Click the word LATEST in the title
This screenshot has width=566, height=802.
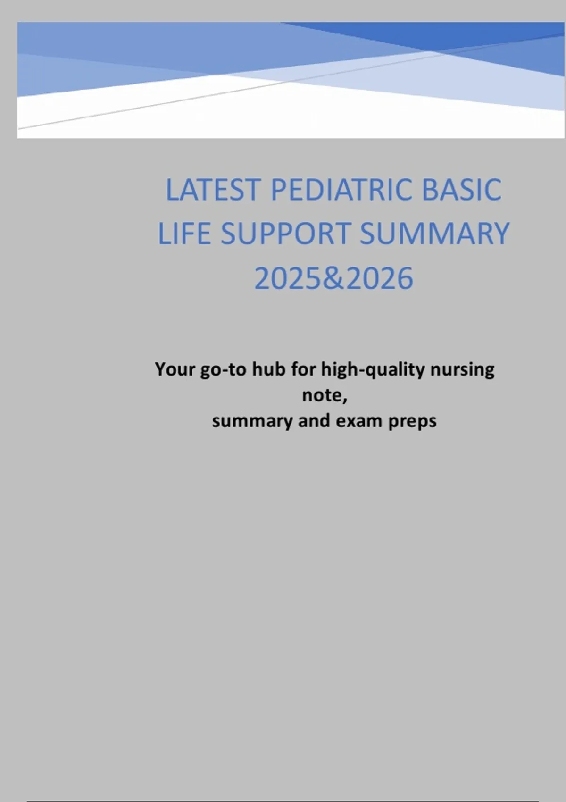pos(213,190)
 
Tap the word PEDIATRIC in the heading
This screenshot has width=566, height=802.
pos(341,190)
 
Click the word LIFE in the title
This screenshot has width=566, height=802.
pos(184,234)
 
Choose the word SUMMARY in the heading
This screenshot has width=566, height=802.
pos(434,234)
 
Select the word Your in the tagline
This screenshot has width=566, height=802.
pos(175,369)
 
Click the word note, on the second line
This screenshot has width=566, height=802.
pos(325,395)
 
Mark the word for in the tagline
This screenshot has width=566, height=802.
pos(303,369)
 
